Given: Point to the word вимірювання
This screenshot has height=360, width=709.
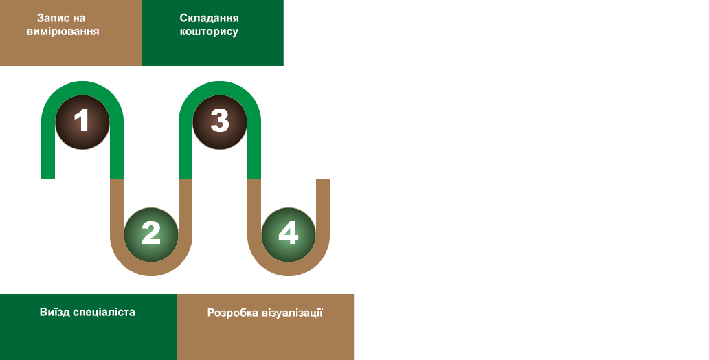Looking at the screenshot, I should pos(63,32).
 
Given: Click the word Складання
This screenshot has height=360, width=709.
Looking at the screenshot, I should pos(209,18).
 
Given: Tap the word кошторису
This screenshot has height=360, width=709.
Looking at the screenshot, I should pos(209,32).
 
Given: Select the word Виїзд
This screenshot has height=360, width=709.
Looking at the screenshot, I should pos(56,312).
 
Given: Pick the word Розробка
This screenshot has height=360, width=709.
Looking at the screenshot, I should pos(232,313).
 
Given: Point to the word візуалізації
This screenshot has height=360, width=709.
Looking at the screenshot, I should pos(292,313).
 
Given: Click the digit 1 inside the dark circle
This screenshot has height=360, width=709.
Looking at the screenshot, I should pos(82,122).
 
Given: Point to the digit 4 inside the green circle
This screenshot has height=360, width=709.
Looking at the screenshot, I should pos(289,234).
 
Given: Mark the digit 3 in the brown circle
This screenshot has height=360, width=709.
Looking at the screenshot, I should pos(220,122).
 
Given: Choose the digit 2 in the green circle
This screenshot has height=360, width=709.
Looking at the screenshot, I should pos(151,234).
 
